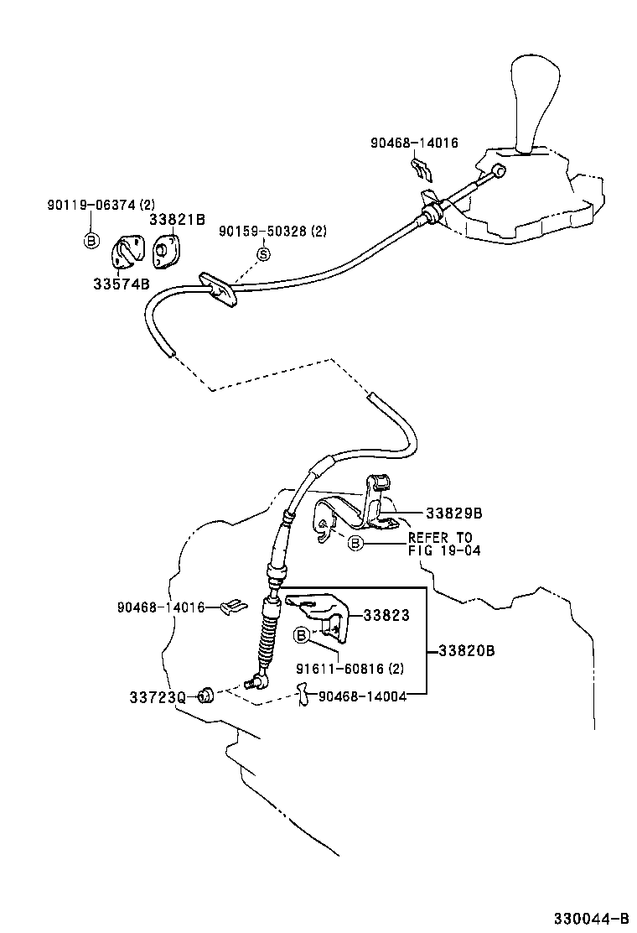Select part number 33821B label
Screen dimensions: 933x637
coord(177,220)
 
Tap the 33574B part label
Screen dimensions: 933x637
coord(121,283)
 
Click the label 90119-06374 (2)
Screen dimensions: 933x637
coord(101,204)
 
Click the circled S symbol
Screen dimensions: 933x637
coord(262,254)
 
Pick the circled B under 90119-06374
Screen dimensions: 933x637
coord(91,242)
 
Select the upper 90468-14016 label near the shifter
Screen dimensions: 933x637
coord(414,143)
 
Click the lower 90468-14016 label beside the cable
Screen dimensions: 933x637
coord(161,607)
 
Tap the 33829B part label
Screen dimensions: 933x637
coord(453,513)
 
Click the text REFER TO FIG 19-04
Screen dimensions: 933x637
coord(440,544)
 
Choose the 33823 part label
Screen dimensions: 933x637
coord(386,615)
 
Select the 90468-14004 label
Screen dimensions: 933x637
coord(358,696)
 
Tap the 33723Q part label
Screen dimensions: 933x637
coord(157,696)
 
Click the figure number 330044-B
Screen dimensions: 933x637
coord(589,917)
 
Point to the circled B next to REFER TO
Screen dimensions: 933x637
coord(355,544)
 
